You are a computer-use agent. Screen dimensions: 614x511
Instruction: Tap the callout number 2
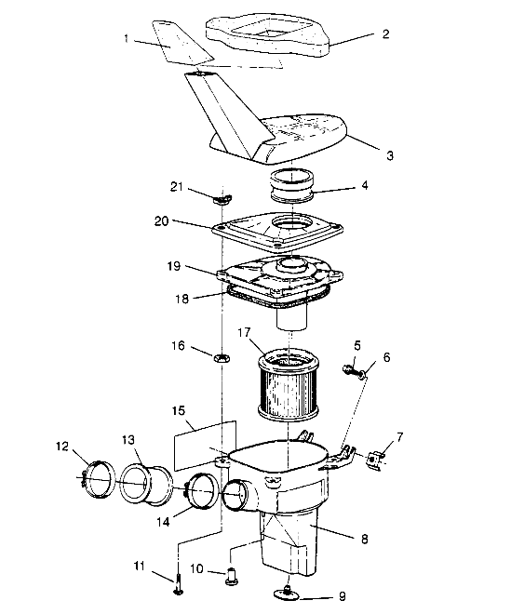[359, 33]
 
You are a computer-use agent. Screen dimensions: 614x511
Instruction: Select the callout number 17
[244, 331]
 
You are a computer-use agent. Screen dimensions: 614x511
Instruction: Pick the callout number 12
[61, 446]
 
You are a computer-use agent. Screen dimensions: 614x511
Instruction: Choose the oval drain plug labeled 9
[286, 592]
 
